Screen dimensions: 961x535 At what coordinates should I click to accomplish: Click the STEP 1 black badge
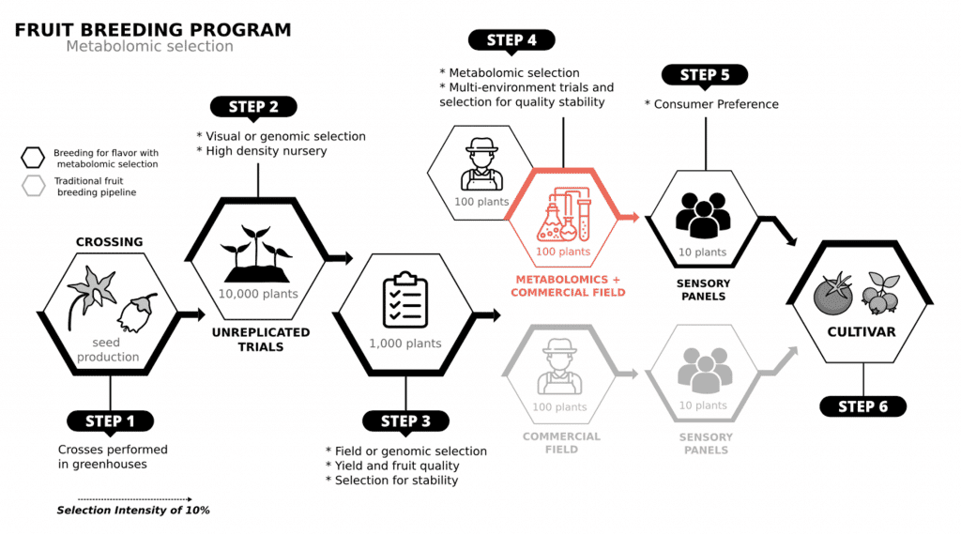(111, 421)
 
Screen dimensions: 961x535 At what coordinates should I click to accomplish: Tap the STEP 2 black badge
(253, 107)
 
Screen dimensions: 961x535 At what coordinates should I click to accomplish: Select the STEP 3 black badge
(405, 421)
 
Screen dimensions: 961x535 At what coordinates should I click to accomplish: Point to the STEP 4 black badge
(511, 40)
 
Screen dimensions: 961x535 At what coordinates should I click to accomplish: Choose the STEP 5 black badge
(705, 75)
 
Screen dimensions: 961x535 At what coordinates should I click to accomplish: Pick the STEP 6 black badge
(863, 406)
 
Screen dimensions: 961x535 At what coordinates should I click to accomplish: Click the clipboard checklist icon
(405, 300)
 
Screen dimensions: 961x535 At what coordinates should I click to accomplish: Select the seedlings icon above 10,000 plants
(257, 253)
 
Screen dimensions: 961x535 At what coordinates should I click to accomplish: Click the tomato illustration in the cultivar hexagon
(833, 293)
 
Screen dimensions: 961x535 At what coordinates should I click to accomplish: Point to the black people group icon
(703, 215)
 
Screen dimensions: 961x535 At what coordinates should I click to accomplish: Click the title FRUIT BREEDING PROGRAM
(153, 30)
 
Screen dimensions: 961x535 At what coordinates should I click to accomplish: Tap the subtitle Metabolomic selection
(149, 47)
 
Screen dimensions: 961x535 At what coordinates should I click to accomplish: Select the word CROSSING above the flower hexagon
(109, 242)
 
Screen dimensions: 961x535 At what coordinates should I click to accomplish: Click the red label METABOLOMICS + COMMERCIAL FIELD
(568, 286)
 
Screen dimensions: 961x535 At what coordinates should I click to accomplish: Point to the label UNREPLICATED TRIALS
(261, 340)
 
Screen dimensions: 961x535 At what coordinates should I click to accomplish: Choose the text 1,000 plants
(405, 344)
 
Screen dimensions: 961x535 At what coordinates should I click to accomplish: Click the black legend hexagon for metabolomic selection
(33, 158)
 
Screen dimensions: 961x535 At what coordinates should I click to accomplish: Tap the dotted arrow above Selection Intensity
(135, 499)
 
